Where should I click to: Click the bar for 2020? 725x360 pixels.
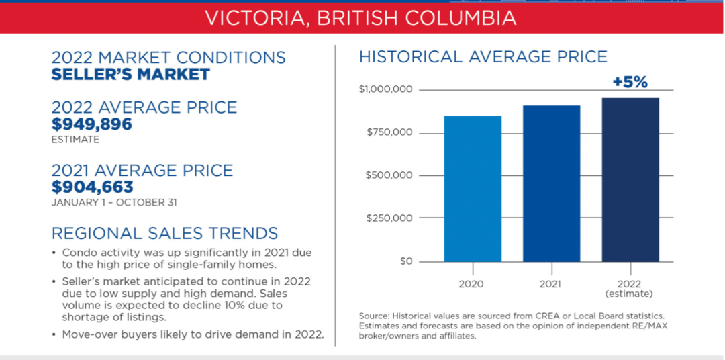pyautogui.click(x=473, y=189)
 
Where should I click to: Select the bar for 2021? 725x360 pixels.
pyautogui.click(x=551, y=184)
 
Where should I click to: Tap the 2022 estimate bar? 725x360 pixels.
pyautogui.click(x=630, y=180)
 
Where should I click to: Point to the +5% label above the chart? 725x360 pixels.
pyautogui.click(x=630, y=82)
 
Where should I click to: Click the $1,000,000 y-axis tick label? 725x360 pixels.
pyautogui.click(x=385, y=89)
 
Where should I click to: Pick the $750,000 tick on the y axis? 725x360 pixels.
pyautogui.click(x=389, y=133)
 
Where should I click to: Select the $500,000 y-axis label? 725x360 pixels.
pyautogui.click(x=389, y=175)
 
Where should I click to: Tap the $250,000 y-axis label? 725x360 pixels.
pyautogui.click(x=389, y=218)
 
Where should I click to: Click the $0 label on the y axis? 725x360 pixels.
pyautogui.click(x=405, y=261)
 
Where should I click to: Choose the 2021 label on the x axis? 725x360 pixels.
pyautogui.click(x=551, y=283)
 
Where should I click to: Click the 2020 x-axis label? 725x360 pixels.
pyautogui.click(x=471, y=283)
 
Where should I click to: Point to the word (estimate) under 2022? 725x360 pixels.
pyautogui.click(x=630, y=294)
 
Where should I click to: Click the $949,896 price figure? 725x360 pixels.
pyautogui.click(x=91, y=124)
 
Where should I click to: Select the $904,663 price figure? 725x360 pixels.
pyautogui.click(x=92, y=187)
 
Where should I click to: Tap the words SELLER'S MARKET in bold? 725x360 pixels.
pyautogui.click(x=130, y=74)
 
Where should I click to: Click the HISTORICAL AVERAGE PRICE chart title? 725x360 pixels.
pyautogui.click(x=483, y=57)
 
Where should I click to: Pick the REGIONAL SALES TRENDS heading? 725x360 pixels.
pyautogui.click(x=164, y=233)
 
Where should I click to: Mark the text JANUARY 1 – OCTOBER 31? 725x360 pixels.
pyautogui.click(x=113, y=202)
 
